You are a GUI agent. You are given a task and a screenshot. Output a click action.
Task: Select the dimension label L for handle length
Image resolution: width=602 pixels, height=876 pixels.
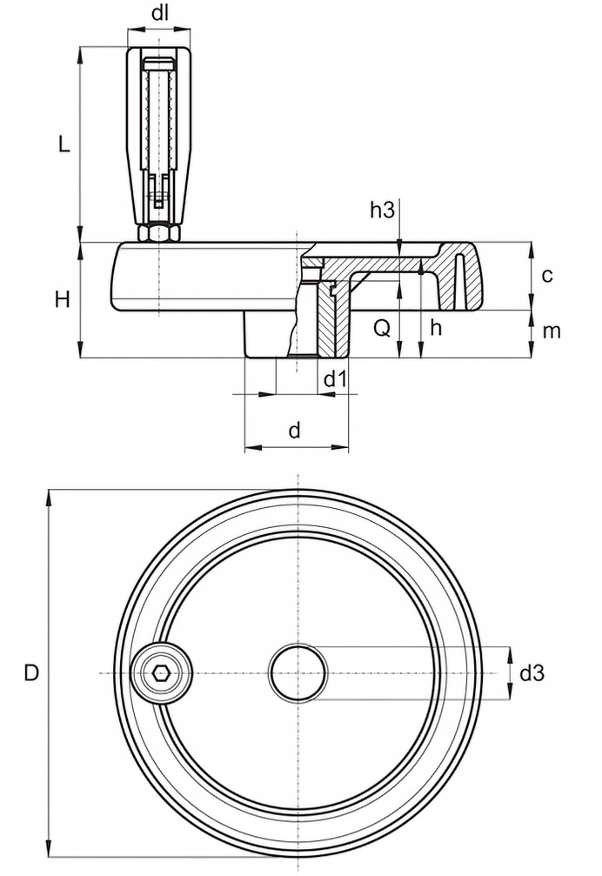[x=63, y=144]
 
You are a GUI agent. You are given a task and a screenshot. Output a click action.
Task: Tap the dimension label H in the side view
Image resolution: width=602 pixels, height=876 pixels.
[x=62, y=300]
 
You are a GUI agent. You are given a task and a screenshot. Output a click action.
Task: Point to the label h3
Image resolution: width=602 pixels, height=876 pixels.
[x=383, y=210]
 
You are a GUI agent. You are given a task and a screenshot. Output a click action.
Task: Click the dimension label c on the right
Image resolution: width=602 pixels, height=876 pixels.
[x=547, y=276]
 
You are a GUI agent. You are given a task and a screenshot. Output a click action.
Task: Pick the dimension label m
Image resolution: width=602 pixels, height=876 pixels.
[x=551, y=331]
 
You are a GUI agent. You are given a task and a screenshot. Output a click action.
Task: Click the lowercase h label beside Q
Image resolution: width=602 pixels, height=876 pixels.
[x=436, y=328]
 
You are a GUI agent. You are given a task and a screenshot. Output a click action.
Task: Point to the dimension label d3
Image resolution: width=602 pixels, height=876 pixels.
[x=532, y=672]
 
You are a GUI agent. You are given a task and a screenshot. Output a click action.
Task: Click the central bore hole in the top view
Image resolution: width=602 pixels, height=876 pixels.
[x=298, y=673]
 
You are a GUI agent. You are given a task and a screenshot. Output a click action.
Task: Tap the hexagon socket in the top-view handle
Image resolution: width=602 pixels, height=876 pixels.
[x=160, y=673]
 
